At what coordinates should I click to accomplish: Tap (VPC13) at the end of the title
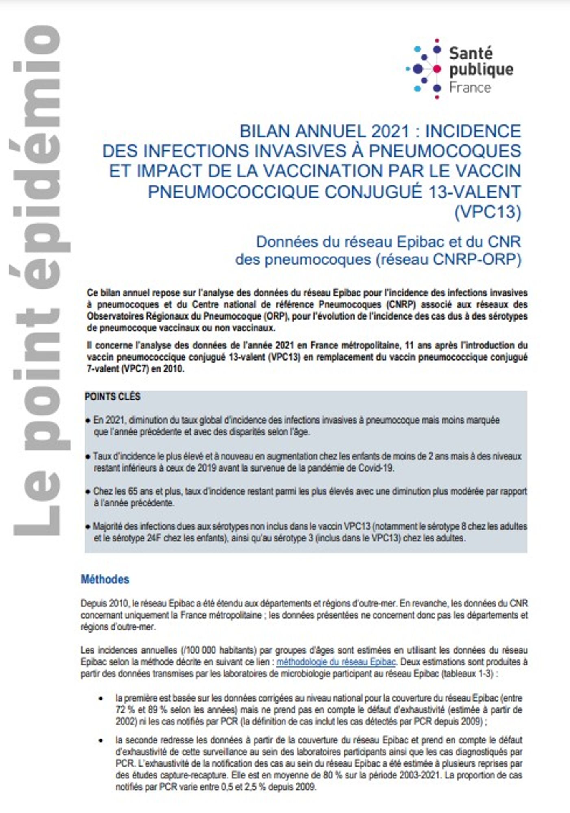(x=487, y=212)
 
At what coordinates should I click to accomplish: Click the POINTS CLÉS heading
(x=112, y=397)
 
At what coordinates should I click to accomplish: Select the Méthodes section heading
(x=105, y=579)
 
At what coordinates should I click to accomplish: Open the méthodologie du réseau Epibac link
(x=336, y=662)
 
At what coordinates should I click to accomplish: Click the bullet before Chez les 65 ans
(x=87, y=492)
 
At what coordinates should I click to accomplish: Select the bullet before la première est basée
(x=101, y=698)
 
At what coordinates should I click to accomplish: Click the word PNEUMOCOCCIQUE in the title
(x=232, y=192)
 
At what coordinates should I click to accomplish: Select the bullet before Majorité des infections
(x=87, y=527)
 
